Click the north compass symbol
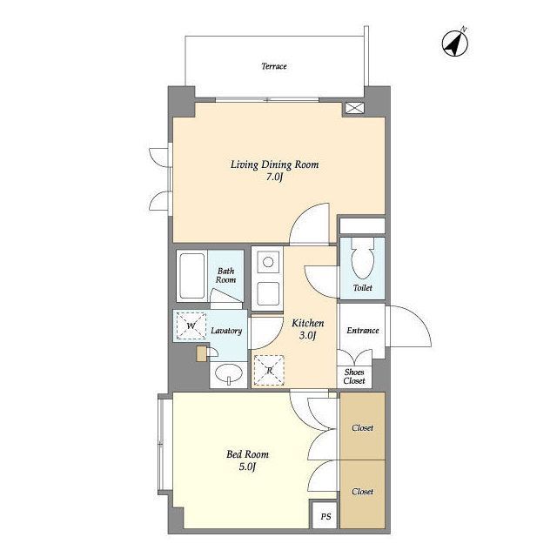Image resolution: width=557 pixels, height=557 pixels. pyautogui.click(x=455, y=44)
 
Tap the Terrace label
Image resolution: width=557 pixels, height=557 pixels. pyautogui.click(x=274, y=66)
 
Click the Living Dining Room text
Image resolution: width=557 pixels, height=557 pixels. pyautogui.click(x=275, y=164)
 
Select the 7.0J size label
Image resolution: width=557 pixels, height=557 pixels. pyautogui.click(x=274, y=177)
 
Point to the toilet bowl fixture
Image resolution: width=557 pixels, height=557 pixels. pyautogui.click(x=362, y=258)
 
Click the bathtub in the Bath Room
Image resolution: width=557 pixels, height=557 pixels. pyautogui.click(x=191, y=276)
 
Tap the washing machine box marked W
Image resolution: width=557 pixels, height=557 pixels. pyautogui.click(x=191, y=325)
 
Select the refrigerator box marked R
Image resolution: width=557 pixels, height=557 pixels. pyautogui.click(x=270, y=370)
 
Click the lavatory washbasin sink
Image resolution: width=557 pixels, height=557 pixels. pyautogui.click(x=229, y=373)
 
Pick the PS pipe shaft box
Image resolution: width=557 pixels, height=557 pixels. pyautogui.click(x=325, y=515)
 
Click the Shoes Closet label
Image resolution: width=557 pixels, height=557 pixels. pyautogui.click(x=354, y=377)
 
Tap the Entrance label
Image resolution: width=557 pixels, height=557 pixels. pyautogui.click(x=363, y=331)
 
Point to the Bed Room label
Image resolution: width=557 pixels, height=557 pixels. pyautogui.click(x=247, y=454)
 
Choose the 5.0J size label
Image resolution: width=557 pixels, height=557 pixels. pyautogui.click(x=247, y=466)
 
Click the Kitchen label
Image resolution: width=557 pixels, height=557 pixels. pyautogui.click(x=307, y=323)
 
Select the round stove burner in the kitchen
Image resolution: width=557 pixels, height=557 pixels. pyautogui.click(x=268, y=262)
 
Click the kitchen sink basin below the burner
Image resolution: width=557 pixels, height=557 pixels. pyautogui.click(x=268, y=294)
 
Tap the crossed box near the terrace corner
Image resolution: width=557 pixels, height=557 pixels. pyautogui.click(x=355, y=108)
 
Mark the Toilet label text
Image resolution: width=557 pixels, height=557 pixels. pyautogui.click(x=362, y=288)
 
